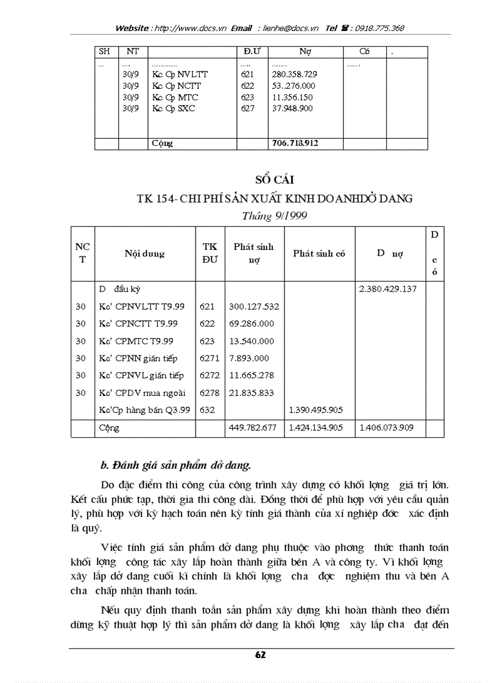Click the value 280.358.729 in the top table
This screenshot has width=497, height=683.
(x=294, y=74)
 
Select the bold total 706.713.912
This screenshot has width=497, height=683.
(x=295, y=144)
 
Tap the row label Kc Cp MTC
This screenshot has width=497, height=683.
(x=175, y=97)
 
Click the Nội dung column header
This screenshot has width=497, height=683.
(x=145, y=254)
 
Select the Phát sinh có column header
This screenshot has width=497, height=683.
(x=319, y=254)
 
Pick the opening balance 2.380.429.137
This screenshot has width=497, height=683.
(x=388, y=289)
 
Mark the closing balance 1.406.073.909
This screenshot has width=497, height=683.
(x=388, y=428)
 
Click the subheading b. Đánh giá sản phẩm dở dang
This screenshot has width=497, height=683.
(x=175, y=466)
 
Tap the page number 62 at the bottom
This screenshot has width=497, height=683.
(x=261, y=654)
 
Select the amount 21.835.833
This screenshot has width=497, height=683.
(x=251, y=393)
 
